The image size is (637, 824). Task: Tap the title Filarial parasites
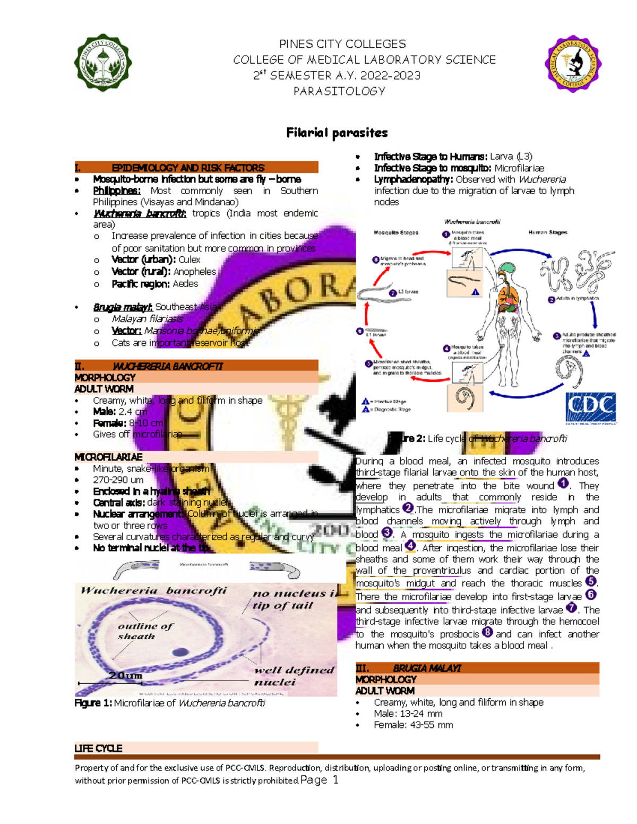click(337, 133)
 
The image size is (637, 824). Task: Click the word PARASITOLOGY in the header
click(339, 91)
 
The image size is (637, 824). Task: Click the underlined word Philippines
click(117, 190)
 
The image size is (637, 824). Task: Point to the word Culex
click(190, 260)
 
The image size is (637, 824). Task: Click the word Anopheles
click(195, 272)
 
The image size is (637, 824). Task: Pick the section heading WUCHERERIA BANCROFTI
click(168, 366)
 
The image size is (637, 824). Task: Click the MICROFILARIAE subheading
click(108, 457)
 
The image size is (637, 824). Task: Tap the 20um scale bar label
click(125, 675)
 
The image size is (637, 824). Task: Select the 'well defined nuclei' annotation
click(294, 676)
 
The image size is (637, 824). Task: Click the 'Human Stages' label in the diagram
click(547, 232)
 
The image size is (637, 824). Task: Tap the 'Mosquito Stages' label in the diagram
click(395, 232)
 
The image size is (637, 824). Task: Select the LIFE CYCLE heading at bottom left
click(98, 748)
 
